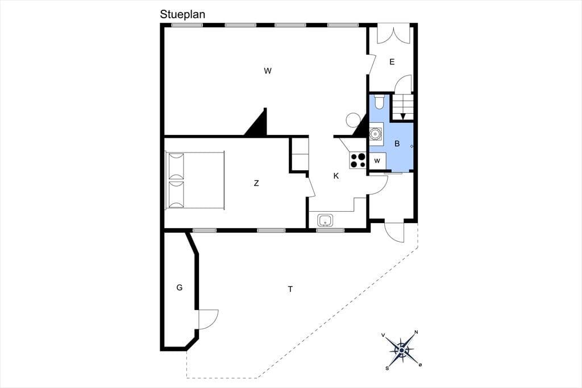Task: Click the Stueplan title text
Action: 182,14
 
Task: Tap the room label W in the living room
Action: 268,71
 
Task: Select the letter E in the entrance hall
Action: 392,62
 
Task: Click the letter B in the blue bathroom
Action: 397,143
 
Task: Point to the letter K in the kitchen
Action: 336,176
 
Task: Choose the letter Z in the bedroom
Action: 256,183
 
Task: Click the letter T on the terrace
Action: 290,289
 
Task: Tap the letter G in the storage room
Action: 180,287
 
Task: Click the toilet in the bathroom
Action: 379,102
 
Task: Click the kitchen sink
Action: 326,220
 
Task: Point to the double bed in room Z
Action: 195,180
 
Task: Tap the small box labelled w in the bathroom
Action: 377,161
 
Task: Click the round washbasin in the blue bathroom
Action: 376,133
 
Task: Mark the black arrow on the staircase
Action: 403,116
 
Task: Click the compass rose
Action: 402,350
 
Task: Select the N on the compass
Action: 416,332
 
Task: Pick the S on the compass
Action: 387,368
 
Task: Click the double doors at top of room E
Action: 394,34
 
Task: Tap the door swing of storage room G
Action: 209,319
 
